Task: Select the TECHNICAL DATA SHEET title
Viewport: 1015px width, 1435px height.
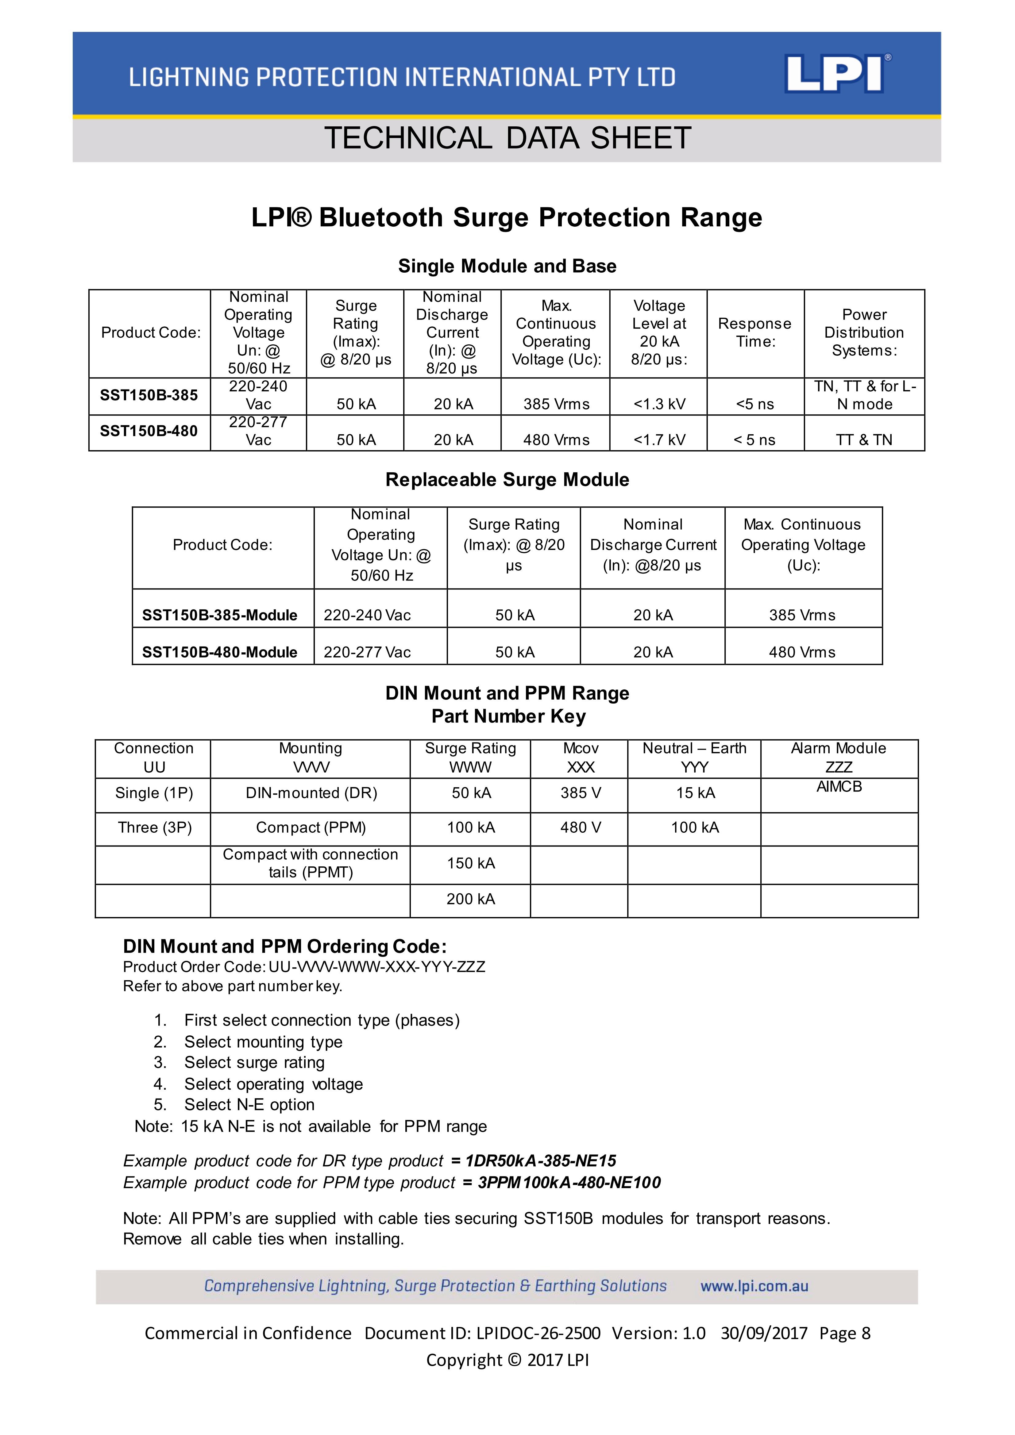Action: pos(507,138)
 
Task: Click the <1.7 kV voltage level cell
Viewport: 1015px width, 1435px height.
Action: pos(659,440)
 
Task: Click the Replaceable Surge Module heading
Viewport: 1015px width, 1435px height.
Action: pos(507,480)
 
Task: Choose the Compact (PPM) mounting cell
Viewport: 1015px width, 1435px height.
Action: pos(311,827)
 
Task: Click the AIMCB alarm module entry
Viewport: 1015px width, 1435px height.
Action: pos(839,787)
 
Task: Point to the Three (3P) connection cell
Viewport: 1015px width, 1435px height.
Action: pos(154,827)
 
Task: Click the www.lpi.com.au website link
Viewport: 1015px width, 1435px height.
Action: pos(754,1286)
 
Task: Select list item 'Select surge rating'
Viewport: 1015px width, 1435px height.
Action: pos(255,1062)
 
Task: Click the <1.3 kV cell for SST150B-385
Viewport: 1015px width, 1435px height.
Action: pos(659,405)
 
